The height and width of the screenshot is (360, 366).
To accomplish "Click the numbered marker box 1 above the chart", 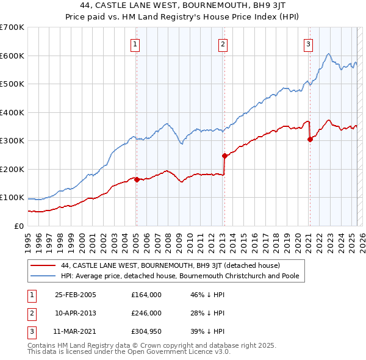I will [x=134, y=43].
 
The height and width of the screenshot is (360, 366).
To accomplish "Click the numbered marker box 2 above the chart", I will [x=223, y=43].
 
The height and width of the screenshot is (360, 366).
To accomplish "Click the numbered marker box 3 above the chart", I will [x=309, y=43].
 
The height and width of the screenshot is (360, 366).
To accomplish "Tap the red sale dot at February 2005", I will [x=137, y=179].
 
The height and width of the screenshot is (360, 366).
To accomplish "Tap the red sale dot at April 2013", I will [x=224, y=156].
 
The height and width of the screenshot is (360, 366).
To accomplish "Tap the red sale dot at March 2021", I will [x=310, y=139].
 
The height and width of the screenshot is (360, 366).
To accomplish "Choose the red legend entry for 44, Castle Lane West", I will [x=170, y=265].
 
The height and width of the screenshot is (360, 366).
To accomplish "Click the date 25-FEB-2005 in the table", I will [x=76, y=294].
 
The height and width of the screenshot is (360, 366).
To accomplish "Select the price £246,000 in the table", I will [x=146, y=313].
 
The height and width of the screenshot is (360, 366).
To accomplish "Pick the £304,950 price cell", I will [x=146, y=332].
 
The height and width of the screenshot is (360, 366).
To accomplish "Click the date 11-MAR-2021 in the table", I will [x=76, y=332].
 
